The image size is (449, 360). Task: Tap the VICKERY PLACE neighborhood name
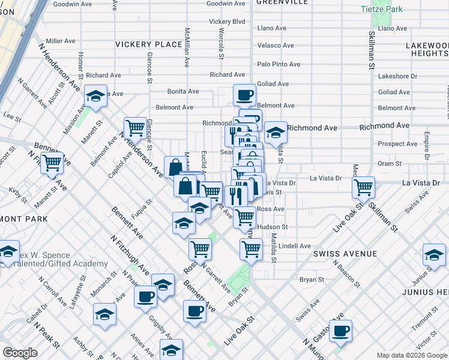tap(148, 44)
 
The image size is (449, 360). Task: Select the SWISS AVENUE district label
tap(345, 254)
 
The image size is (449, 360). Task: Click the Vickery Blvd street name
tap(228, 22)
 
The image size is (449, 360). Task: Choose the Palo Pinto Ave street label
tap(279, 64)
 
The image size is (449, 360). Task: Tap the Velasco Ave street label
tap(276, 46)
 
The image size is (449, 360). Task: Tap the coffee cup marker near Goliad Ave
tap(244, 95)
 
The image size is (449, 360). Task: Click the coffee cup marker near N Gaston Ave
tap(340, 331)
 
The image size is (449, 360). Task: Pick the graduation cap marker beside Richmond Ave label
tap(276, 132)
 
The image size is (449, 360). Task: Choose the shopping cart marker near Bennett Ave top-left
tap(52, 161)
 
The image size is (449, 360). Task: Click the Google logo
tap(20, 353)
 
